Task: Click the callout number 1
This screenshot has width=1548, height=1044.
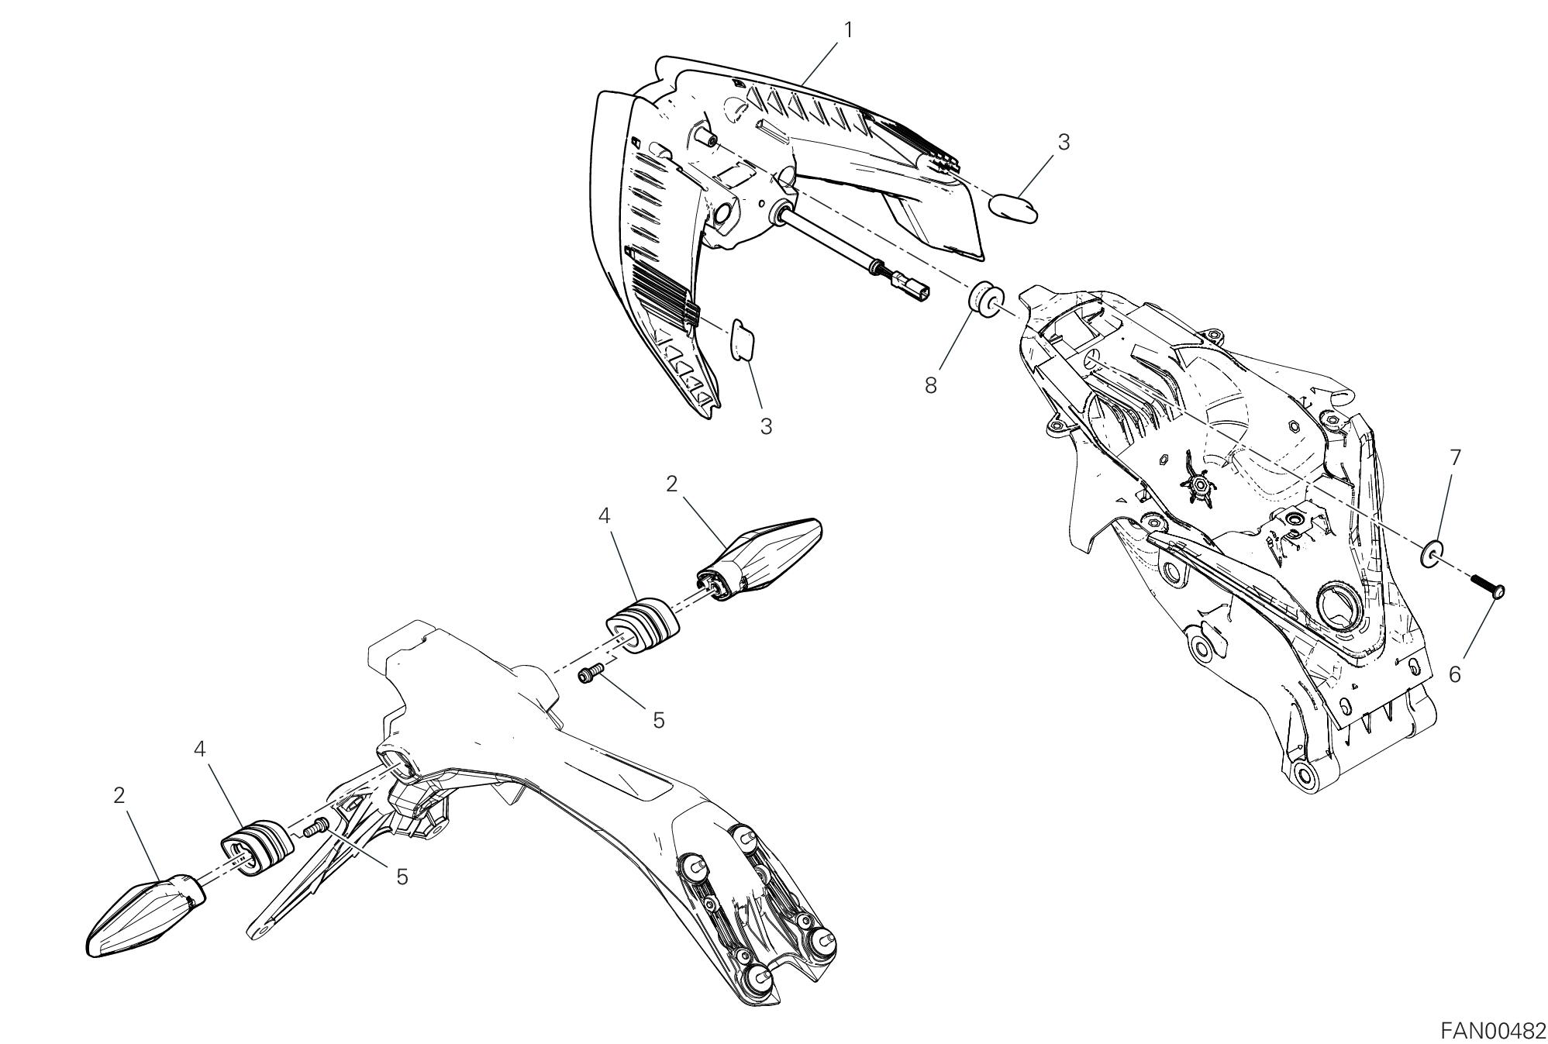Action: pyautogui.click(x=848, y=30)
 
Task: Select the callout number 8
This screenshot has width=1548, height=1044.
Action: pyautogui.click(x=930, y=385)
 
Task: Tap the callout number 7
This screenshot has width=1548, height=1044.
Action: pyautogui.click(x=1454, y=457)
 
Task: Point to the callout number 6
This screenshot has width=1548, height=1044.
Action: pyautogui.click(x=1454, y=674)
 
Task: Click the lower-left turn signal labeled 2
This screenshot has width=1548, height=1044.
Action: pyautogui.click(x=147, y=915)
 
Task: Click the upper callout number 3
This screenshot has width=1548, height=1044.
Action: pyautogui.click(x=1064, y=142)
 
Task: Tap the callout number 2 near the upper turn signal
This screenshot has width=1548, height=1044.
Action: pyautogui.click(x=671, y=484)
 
